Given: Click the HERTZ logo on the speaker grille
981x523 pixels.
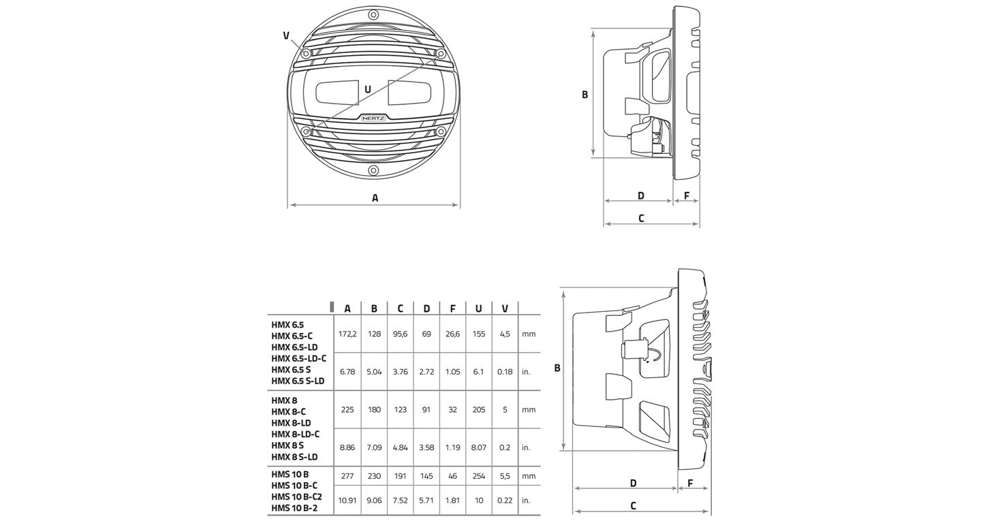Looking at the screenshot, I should (373, 118).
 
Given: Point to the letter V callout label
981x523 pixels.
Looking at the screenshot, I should (286, 35).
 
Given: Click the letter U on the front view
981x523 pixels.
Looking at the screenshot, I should (368, 89).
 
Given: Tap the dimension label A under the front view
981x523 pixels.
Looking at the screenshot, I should (375, 198).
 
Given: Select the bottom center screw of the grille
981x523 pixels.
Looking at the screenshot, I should (373, 170).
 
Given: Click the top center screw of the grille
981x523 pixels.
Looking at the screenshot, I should (373, 14).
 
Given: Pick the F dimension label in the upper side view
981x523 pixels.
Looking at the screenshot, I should (687, 196).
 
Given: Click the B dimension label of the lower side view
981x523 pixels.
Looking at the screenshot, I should (557, 368).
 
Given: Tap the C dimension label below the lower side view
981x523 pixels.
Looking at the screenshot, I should (633, 505).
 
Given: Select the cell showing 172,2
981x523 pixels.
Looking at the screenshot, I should (347, 334).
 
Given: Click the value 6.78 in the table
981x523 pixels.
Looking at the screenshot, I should (347, 372).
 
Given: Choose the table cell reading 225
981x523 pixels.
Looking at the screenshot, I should (347, 409).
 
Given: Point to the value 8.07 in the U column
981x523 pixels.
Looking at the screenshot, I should (479, 447).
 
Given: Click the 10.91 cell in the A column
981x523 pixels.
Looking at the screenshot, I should (347, 500).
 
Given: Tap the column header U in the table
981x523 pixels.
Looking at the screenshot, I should (479, 308).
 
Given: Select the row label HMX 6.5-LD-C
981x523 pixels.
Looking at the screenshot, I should (298, 358).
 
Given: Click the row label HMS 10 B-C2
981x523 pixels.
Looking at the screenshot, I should (296, 496).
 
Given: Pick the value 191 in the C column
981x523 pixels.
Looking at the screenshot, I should (400, 476).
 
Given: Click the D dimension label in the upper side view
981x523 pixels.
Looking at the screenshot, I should (641, 196).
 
